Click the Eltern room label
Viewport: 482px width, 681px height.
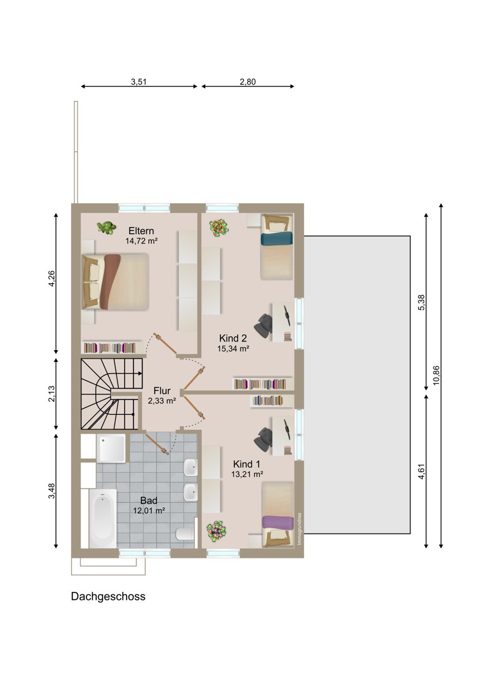pos(141,231)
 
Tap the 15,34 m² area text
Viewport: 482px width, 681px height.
pos(233,348)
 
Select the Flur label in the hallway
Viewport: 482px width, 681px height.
pos(162,390)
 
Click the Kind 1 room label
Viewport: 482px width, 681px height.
pos(247,464)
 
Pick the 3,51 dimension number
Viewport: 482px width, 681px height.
pos(139,82)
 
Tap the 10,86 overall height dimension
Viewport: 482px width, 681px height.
pos(437,375)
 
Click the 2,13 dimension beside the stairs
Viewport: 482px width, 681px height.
pos(52,394)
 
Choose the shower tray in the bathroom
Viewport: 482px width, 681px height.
pos(111,448)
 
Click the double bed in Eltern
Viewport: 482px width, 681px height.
pos(115,282)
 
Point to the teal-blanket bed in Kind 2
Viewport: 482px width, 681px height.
pos(277,246)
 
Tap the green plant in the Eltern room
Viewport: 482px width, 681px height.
pos(107,228)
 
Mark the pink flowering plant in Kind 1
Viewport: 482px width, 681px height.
pos(216,531)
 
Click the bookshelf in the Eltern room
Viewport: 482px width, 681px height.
pos(112,347)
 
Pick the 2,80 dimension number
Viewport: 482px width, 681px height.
pos(248,82)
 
